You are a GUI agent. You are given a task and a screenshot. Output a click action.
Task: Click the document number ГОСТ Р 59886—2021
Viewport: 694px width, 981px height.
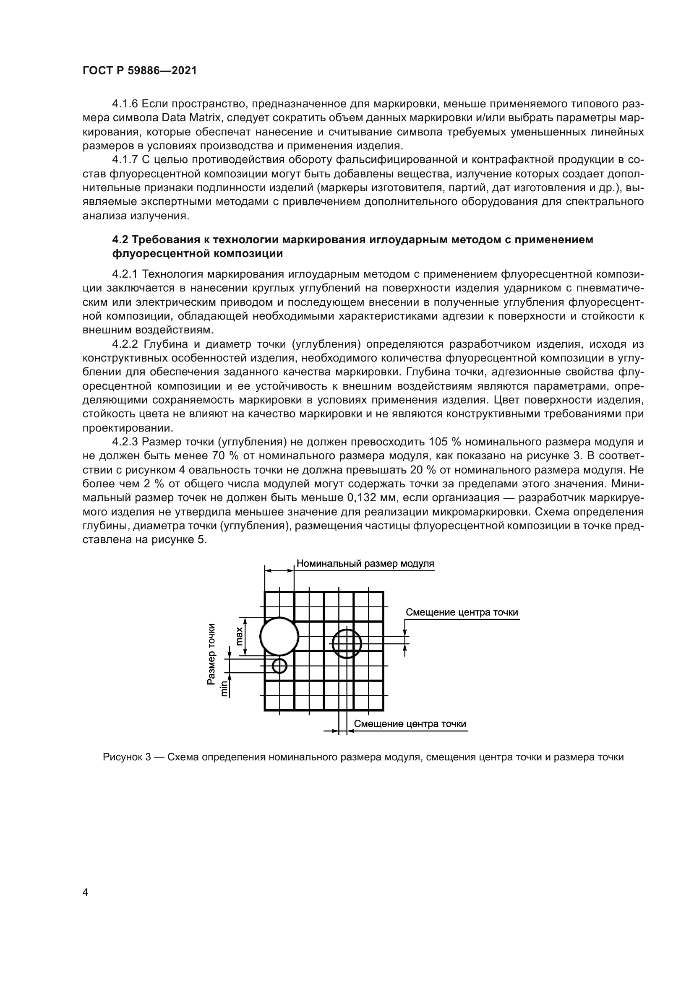[139, 71]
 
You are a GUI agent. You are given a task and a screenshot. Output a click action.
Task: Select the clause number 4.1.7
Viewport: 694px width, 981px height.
[125, 160]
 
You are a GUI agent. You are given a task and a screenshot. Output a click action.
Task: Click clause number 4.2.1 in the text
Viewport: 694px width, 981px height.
[125, 274]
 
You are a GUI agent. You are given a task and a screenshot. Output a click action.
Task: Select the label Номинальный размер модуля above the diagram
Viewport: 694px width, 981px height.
[365, 564]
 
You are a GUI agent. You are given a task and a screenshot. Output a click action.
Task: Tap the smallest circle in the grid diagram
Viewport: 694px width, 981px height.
[279, 665]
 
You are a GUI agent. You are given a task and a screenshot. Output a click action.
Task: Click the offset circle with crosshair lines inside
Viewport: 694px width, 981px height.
[347, 643]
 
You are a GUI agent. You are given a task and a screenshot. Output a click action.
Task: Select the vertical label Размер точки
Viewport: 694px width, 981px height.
[211, 656]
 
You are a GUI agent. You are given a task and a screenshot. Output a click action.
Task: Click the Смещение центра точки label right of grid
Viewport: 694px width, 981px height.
[462, 612]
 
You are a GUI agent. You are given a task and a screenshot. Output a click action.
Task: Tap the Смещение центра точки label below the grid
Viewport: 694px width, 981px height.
[410, 723]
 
